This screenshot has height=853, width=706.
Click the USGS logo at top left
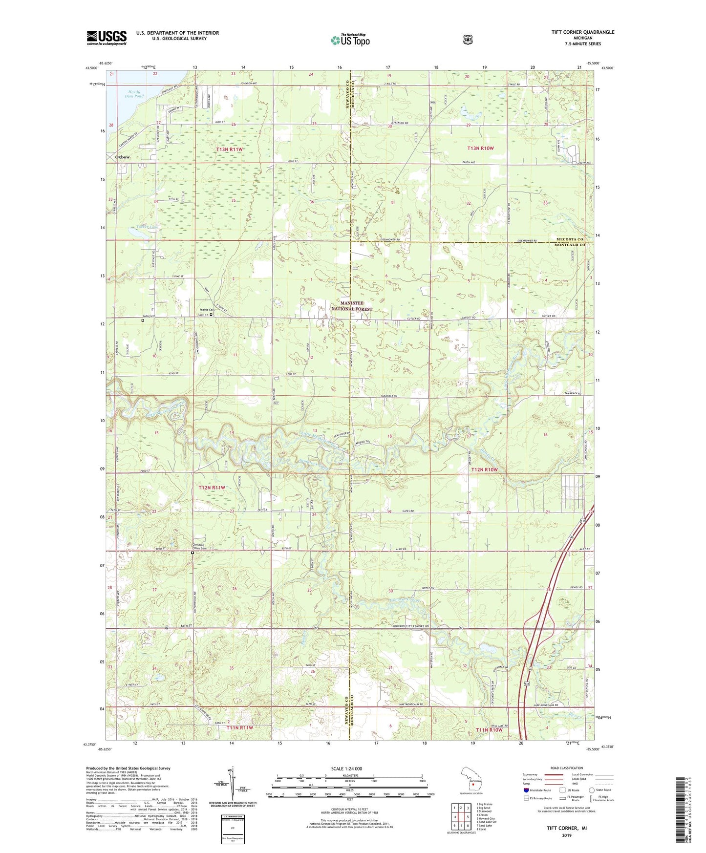[x=107, y=37]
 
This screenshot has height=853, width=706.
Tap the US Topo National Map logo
[x=350, y=40]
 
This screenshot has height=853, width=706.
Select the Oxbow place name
[x=122, y=157]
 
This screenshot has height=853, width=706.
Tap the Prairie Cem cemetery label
[x=208, y=310]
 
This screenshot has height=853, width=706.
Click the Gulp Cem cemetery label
[x=149, y=316]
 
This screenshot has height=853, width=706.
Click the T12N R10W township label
[x=484, y=469]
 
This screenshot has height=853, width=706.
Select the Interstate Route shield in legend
[x=526, y=790]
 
